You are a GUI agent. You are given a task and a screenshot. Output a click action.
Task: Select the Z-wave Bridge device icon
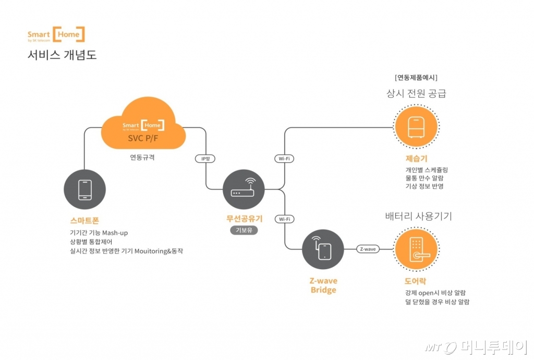(323, 249)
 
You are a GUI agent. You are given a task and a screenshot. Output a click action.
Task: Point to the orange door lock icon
(416, 249)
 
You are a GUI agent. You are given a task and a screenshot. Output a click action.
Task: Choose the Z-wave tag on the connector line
(368, 249)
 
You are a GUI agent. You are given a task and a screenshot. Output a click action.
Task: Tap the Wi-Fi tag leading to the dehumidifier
(284, 158)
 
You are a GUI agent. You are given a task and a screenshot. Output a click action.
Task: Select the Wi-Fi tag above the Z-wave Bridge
(284, 219)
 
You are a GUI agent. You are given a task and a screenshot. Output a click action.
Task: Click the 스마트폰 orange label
(84, 221)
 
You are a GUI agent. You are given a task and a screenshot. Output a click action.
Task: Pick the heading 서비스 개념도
(62, 55)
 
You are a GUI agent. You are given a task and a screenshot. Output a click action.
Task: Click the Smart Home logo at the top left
(56, 35)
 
